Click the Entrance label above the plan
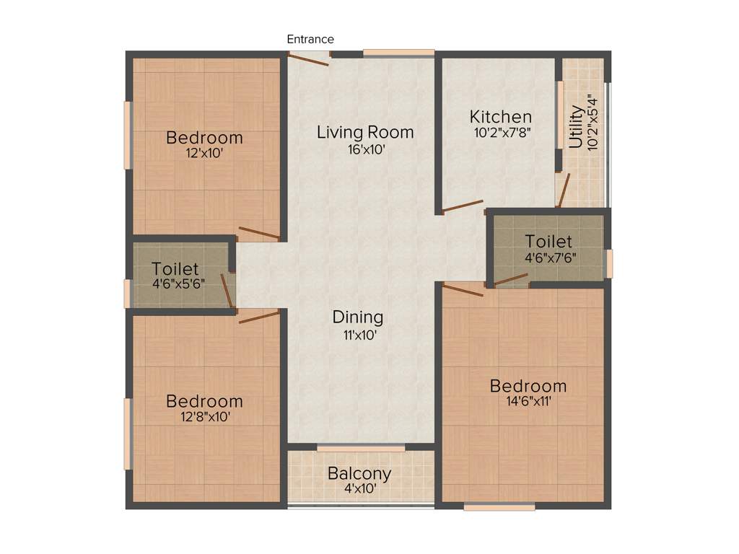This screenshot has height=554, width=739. click(310, 39)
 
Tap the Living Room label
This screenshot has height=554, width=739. click(365, 132)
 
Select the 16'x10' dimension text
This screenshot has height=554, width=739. click(365, 150)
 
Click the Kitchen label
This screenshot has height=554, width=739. click(501, 116)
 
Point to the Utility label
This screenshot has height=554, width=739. click(576, 127)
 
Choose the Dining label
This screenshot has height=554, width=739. click(358, 317)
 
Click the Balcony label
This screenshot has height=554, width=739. click(359, 474)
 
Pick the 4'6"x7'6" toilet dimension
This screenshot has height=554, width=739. click(550, 256)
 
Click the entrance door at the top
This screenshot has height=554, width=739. click(309, 59)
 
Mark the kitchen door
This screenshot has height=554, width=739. click(463, 206)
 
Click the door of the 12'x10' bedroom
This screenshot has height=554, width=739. click(259, 233)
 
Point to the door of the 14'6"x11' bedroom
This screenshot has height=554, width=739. click(463, 290)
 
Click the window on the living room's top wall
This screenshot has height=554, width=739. click(398, 53)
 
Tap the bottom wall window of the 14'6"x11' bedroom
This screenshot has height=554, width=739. click(499, 507)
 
